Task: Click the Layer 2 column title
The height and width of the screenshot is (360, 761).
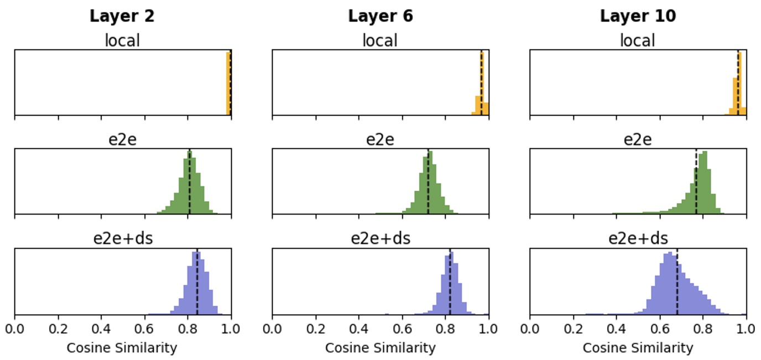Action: (x=122, y=16)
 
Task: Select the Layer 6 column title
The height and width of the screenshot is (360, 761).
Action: (x=380, y=16)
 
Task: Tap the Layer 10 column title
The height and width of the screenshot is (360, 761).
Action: (x=638, y=16)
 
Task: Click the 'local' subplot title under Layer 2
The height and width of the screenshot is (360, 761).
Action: (x=122, y=40)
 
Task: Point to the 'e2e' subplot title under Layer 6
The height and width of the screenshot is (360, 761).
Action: (x=380, y=139)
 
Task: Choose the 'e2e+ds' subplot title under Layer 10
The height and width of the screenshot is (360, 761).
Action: (x=638, y=239)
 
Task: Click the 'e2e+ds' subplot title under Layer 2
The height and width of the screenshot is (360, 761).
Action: (x=122, y=239)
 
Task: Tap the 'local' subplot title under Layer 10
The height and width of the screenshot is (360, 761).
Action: (x=638, y=40)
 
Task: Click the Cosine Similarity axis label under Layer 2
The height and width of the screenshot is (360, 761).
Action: (x=122, y=348)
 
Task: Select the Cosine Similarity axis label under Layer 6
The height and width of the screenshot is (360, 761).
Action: (x=380, y=348)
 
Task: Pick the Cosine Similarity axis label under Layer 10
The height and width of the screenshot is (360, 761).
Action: (x=638, y=348)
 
